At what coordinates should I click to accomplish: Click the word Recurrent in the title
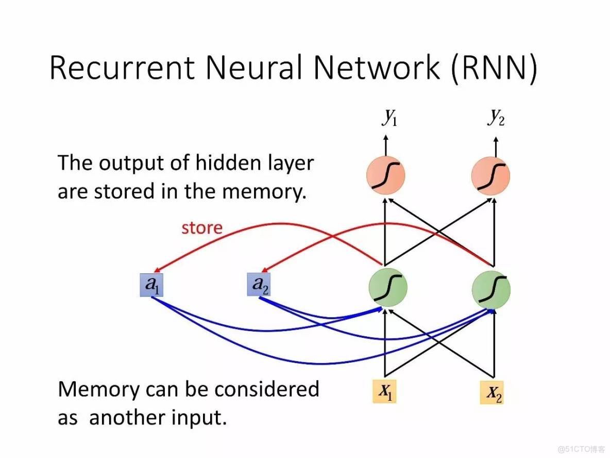pos(123,68)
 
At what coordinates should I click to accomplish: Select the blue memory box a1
pos(152,285)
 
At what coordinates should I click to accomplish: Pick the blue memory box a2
pos(258,285)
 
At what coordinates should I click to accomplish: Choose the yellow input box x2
pos(492,393)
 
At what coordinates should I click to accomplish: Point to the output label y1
pos(389,118)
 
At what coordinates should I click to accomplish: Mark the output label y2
pos(496,118)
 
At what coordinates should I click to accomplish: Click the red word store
pos(202,227)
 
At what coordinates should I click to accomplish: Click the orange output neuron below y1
pos(386,175)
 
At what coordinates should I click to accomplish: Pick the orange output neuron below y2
pos(490,175)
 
